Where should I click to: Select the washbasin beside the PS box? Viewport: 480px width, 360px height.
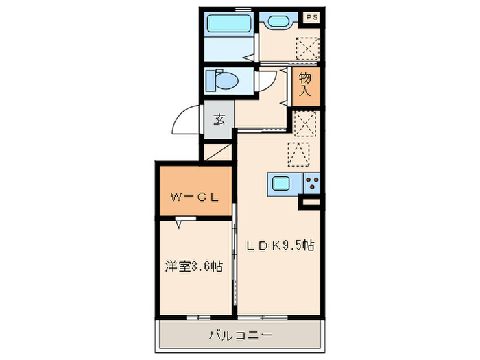(x=277, y=21)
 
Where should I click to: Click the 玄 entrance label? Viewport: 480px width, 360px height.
(x=219, y=119)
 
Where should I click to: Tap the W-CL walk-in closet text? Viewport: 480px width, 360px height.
(x=194, y=197)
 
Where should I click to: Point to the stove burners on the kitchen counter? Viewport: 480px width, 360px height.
(x=312, y=184)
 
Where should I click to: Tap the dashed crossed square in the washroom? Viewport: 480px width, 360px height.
(x=306, y=47)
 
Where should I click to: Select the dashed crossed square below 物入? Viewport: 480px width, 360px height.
(x=304, y=124)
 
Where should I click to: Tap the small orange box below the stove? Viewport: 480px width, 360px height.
(x=310, y=202)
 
